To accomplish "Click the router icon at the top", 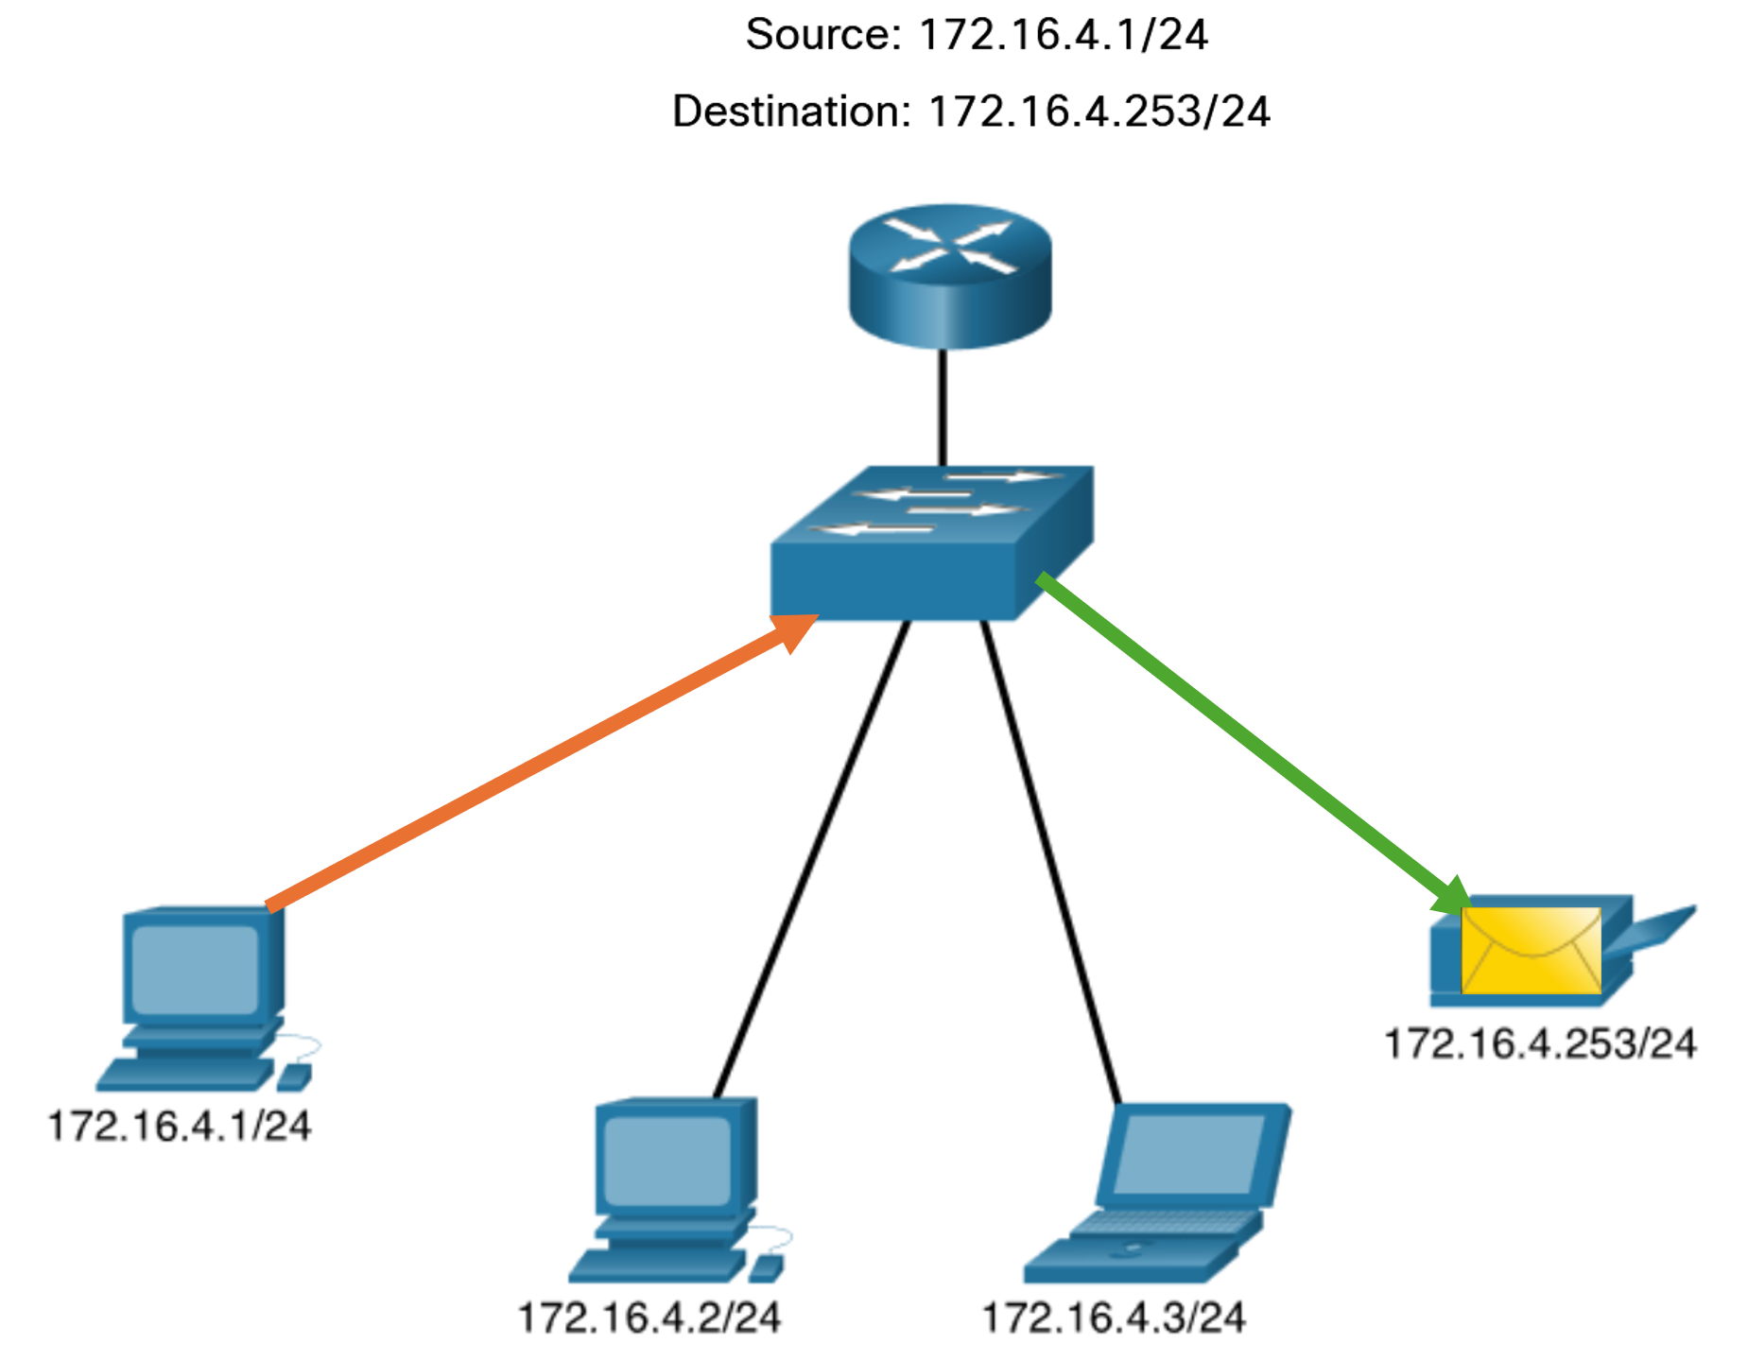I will point(949,275).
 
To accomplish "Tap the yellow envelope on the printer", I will point(1531,950).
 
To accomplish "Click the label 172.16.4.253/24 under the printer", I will point(1540,1044).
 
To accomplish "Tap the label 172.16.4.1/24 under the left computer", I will point(180,1127).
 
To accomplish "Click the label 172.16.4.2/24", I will point(649,1317).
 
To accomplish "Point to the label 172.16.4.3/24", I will point(1114,1317).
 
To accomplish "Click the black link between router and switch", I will point(943,406).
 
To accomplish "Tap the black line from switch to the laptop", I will point(1049,860).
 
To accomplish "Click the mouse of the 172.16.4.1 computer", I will point(294,1076).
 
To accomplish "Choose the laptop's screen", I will point(1188,1154).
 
